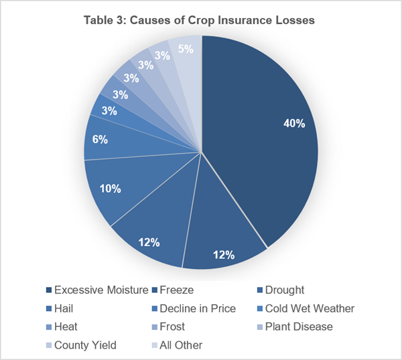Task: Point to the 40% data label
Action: pos(294,123)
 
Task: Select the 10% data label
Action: pos(111,188)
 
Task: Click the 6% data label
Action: pos(100,139)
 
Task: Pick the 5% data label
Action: pos(186,49)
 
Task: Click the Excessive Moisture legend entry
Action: pos(97,290)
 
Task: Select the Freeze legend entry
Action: pos(173,290)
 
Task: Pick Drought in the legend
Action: pos(281,290)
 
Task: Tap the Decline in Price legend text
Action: pos(198,308)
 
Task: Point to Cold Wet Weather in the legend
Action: pos(310,308)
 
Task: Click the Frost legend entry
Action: pos(168,326)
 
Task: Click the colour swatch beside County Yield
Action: pos(49,345)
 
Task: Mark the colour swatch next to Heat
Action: pos(49,327)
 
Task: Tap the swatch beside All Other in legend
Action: pos(154,345)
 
